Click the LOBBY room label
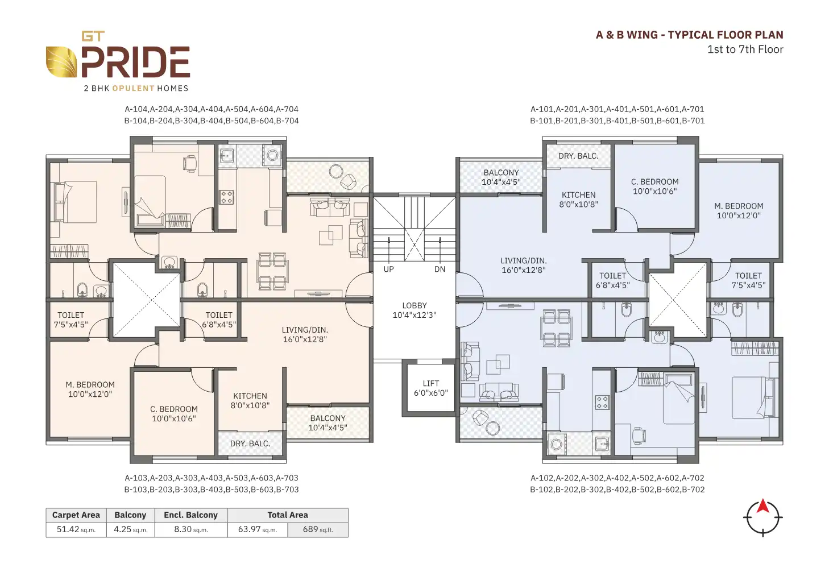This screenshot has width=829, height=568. pos(414,310)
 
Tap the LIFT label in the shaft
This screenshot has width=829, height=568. pos(430,388)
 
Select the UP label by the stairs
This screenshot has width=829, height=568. pos(388,270)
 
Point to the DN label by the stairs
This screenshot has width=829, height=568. pos(440,270)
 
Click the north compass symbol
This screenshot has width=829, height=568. pos(762,517)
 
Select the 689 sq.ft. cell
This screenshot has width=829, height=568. pos(317,529)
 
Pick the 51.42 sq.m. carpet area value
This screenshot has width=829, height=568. pos(76,529)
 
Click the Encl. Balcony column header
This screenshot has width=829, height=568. pos(190,515)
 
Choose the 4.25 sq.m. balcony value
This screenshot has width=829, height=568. pos(130,529)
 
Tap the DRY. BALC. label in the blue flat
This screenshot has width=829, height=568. pos(578,156)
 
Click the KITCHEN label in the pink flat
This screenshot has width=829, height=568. pos(250,400)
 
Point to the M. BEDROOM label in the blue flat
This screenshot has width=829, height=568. pos(739,210)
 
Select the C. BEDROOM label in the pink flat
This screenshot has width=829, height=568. pos(174,413)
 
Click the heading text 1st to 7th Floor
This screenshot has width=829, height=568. pos(745,49)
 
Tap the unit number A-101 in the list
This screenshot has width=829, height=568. pos(542,109)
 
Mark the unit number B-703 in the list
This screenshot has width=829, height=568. pos(287,490)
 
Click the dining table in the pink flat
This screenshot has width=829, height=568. pos(272,271)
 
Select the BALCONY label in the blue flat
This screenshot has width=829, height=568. pos(501,177)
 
